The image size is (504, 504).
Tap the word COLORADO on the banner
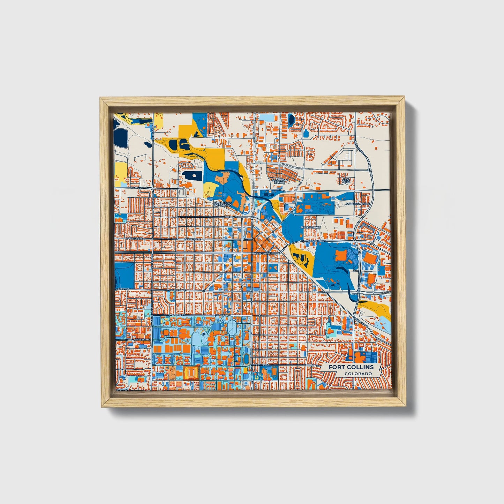tap(358, 374)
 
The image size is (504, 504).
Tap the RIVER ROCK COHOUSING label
tap(223, 204)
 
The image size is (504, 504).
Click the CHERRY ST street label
tap(231, 217)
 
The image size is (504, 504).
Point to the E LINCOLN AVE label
tap(317, 241)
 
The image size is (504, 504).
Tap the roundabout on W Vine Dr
tap(153, 188)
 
